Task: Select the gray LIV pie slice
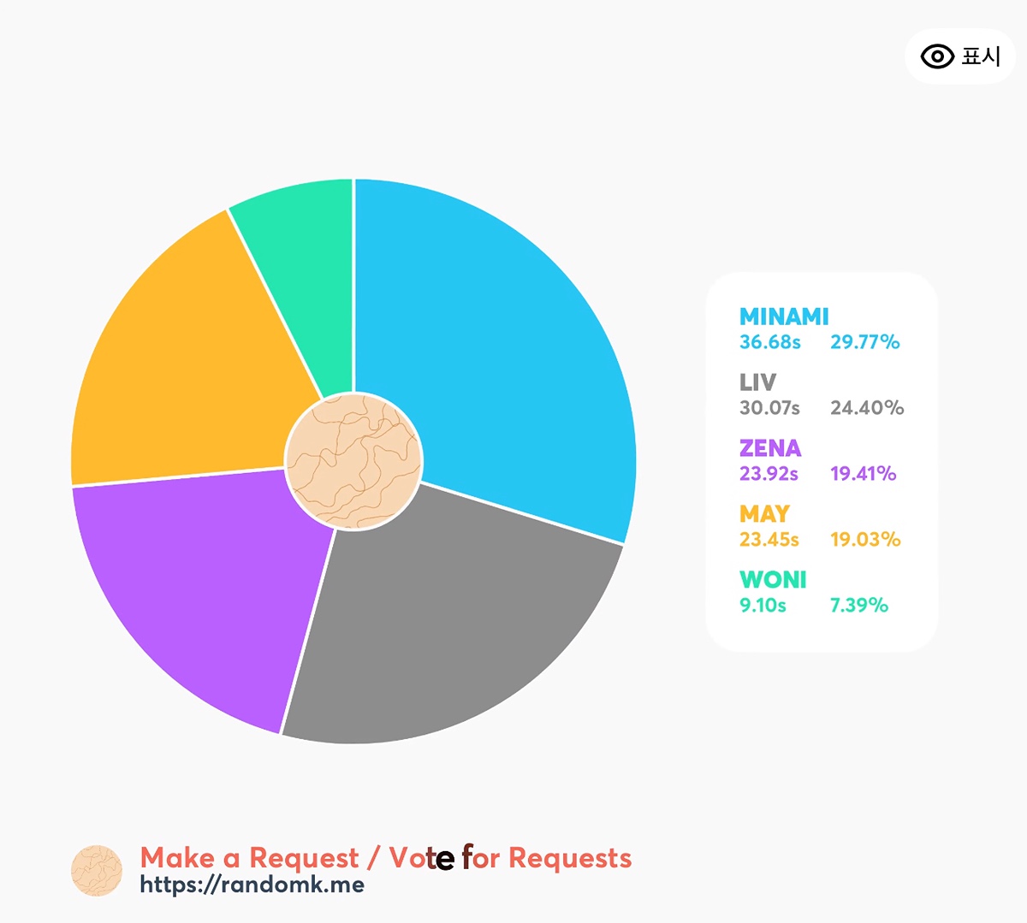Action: tap(454, 624)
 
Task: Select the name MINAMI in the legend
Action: tap(784, 317)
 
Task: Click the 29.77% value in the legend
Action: tap(864, 342)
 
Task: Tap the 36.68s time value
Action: tap(769, 342)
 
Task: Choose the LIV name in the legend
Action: tap(757, 382)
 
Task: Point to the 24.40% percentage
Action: tap(866, 408)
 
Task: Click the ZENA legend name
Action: tap(770, 448)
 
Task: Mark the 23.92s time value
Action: tap(769, 474)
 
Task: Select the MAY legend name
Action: tap(764, 514)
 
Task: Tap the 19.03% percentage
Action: tap(864, 540)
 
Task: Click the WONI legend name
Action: tap(773, 580)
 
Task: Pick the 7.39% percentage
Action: tap(858, 606)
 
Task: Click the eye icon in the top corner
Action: tap(937, 56)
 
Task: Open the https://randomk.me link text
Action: tap(252, 885)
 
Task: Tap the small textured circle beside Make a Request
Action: tap(97, 871)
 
